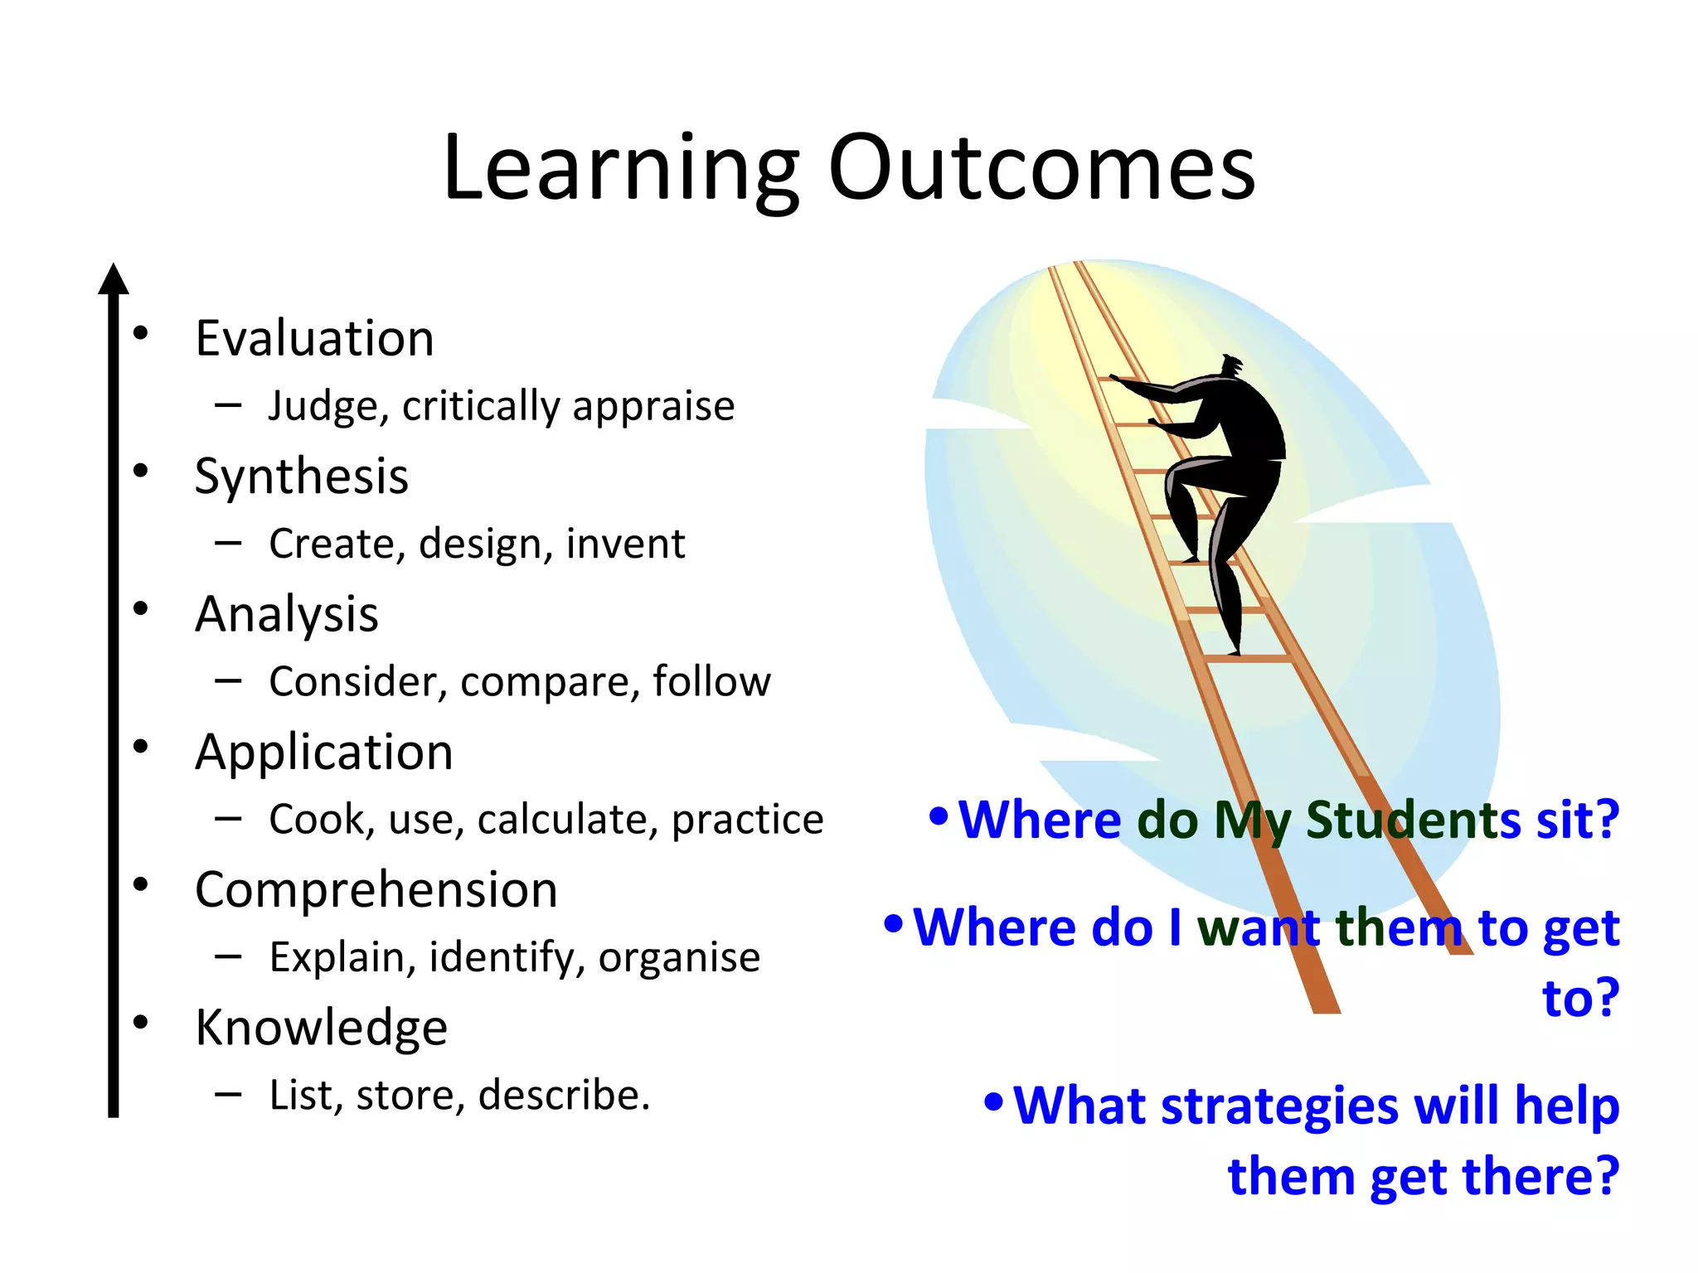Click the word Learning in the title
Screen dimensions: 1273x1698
coord(622,170)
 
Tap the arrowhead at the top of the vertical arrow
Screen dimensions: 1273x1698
coord(114,280)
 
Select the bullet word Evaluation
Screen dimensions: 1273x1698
coord(314,338)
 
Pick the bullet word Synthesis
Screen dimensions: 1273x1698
coord(301,477)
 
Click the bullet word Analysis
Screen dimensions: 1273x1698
coord(287,614)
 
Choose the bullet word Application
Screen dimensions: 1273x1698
coord(324,753)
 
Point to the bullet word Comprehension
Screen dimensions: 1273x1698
coord(376,890)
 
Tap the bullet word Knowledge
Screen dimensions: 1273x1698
coord(321,1028)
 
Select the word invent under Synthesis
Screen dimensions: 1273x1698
coord(626,544)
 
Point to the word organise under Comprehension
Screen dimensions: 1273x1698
coord(679,957)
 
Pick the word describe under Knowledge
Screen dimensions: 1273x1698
coord(564,1095)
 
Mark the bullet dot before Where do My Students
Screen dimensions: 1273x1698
coord(939,816)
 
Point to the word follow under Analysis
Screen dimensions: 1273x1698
coord(711,681)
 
